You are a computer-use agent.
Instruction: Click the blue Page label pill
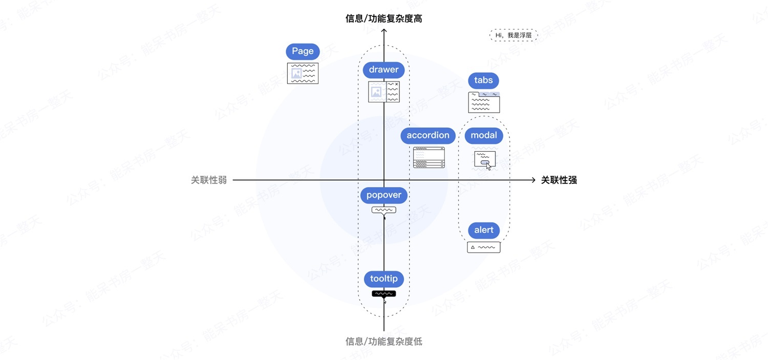coord(303,51)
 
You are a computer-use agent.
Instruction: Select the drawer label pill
coord(384,70)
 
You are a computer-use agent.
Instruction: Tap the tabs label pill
coord(483,80)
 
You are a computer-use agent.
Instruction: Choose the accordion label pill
coord(428,136)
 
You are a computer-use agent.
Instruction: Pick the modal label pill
coord(484,136)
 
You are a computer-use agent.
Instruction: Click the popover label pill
coord(384,196)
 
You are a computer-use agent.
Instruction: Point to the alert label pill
coord(484,230)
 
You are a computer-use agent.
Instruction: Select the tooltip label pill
coord(384,279)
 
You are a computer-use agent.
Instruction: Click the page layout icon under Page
coord(303,73)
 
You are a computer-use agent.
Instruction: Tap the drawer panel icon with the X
coord(384,92)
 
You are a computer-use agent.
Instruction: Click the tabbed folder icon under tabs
coord(484,102)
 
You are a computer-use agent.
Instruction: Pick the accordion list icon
coord(429,157)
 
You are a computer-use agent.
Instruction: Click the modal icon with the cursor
coord(485,160)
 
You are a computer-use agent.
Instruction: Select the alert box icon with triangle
coord(484,247)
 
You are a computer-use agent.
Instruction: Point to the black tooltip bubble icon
coord(384,293)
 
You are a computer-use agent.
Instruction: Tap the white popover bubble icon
coord(384,210)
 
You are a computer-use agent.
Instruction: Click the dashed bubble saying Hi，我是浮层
coord(514,35)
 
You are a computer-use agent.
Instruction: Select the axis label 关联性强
coord(559,180)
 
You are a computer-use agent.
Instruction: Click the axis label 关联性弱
coord(209,180)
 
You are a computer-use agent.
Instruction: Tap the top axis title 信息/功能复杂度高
coord(384,19)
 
